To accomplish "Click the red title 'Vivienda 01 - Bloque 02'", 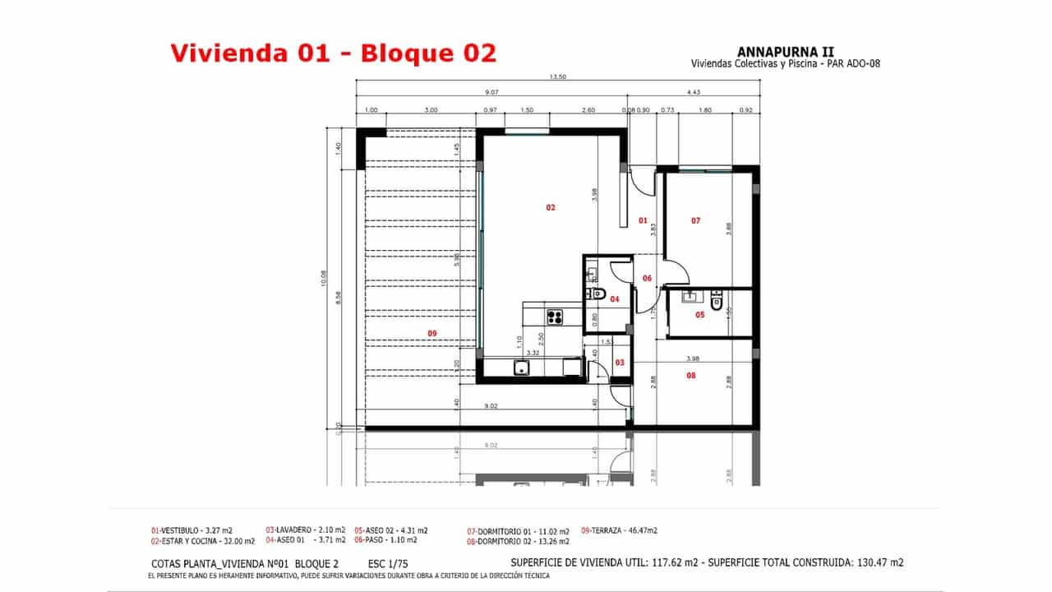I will [334, 53].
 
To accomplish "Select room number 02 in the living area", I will [551, 207].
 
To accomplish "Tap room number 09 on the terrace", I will [432, 333].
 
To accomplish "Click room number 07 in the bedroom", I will [695, 220].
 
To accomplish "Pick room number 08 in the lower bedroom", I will [690, 375].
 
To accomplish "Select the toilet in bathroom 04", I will [599, 294].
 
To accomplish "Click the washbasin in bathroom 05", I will [689, 298].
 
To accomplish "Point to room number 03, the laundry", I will [620, 362].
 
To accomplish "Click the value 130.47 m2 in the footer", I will [874, 563].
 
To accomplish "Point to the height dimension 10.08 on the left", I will [325, 280].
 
